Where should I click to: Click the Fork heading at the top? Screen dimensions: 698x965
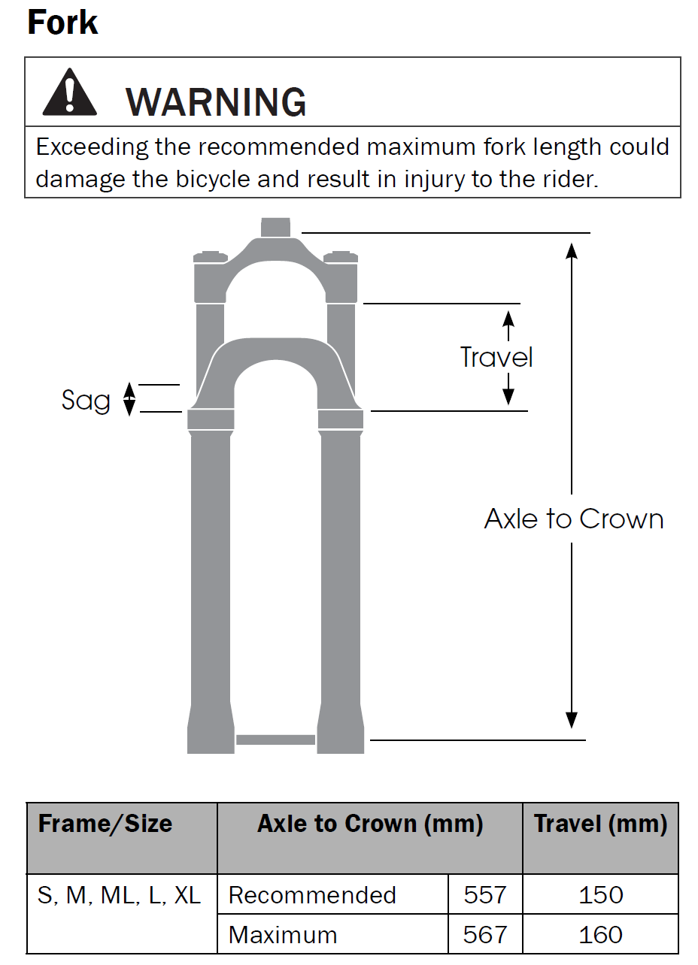(x=63, y=23)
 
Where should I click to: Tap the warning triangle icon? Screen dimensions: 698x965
(x=69, y=92)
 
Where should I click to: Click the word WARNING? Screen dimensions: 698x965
(x=216, y=102)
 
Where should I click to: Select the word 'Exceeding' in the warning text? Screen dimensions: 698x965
(x=92, y=147)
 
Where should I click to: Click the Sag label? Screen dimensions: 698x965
(x=86, y=401)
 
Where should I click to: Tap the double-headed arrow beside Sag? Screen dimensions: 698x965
(x=129, y=399)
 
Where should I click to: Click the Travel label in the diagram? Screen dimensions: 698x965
(x=496, y=357)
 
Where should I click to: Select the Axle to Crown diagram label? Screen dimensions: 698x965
(x=574, y=519)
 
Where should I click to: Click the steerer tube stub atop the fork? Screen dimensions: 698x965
(x=275, y=227)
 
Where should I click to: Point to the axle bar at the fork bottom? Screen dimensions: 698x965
(x=275, y=740)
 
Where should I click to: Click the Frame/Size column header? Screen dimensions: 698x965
(x=105, y=823)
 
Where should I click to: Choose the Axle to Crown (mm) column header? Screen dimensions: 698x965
(x=370, y=824)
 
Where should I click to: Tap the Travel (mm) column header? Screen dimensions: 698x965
(x=600, y=824)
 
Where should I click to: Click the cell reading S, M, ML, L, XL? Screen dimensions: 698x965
(x=120, y=895)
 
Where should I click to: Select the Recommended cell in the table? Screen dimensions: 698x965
(x=312, y=895)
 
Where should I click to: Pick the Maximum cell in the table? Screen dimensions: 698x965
(x=283, y=935)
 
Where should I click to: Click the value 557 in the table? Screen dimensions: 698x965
(x=485, y=895)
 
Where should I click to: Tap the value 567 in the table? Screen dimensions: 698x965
(x=485, y=935)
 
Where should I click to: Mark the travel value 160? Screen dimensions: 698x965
(x=600, y=935)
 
